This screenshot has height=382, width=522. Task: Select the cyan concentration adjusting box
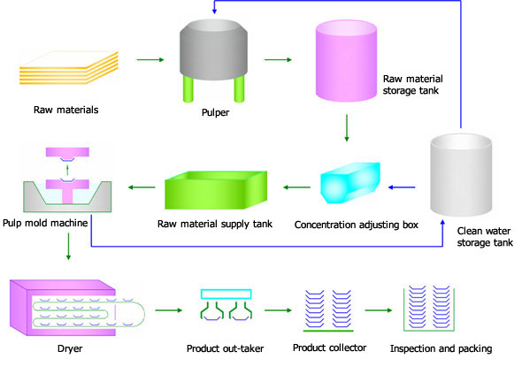coord(350,182)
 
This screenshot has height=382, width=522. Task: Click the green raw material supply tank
coord(216,190)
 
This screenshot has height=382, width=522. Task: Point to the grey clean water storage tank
coord(461,175)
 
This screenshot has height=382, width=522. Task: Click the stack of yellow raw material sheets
coord(69,68)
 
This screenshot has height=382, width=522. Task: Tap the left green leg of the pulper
coord(188,88)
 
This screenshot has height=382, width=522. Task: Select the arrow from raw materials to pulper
coord(150,60)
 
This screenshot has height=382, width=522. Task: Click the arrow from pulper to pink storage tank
coord(278,60)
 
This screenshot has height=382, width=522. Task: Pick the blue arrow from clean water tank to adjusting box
coord(402,187)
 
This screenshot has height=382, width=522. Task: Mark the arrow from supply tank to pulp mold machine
coord(142,187)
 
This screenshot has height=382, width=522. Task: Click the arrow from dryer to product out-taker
coord(169,310)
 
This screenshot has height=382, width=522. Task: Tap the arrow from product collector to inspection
coord(379,310)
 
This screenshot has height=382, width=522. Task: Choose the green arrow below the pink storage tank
coord(347,128)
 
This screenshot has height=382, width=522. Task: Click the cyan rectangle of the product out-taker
coord(226,294)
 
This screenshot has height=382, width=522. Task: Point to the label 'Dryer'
coord(70,348)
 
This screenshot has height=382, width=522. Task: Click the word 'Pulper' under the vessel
coord(215,112)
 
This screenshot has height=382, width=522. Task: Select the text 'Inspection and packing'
coord(441,348)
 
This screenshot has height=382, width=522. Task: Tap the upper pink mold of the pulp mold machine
coord(67,152)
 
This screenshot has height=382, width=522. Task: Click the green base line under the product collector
coord(328,331)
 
